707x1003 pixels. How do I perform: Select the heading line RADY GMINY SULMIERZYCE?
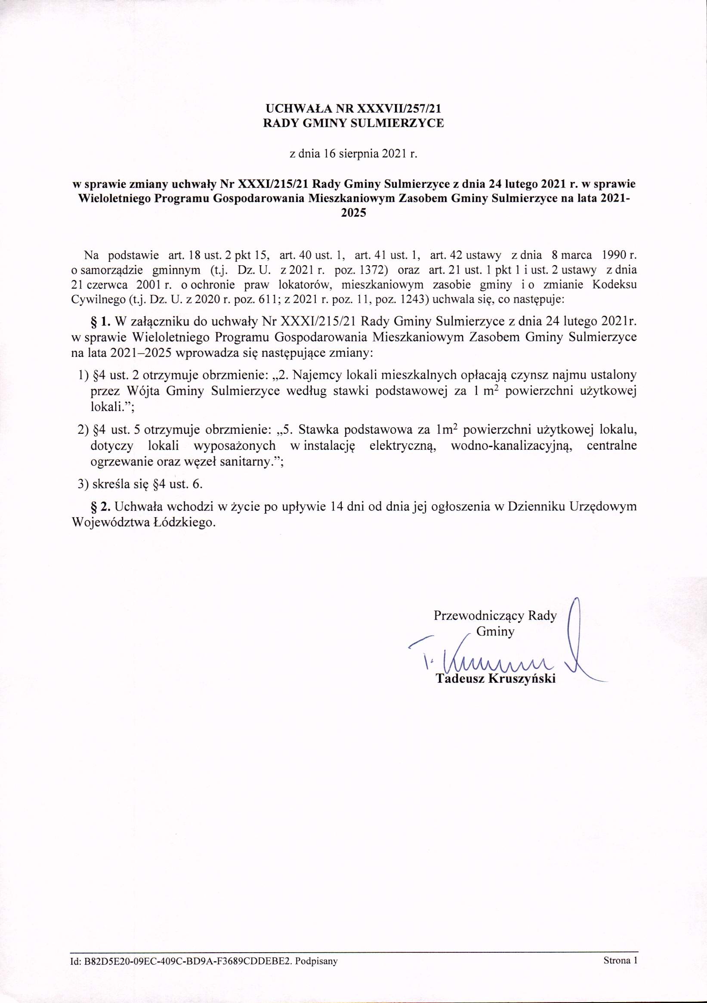(x=353, y=123)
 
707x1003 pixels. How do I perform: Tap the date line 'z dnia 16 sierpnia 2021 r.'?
(x=353, y=154)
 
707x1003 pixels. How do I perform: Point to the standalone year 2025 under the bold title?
(x=353, y=214)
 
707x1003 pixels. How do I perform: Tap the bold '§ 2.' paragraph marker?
(x=101, y=507)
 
